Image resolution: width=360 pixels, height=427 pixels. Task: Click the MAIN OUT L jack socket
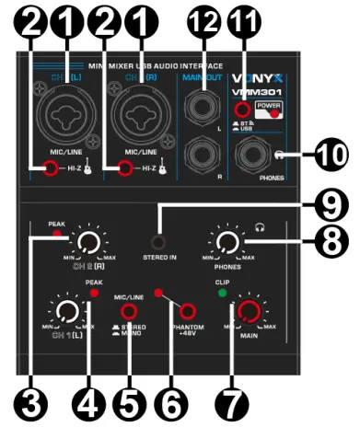(199, 99)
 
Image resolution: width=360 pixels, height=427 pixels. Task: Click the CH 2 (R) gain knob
(87, 242)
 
